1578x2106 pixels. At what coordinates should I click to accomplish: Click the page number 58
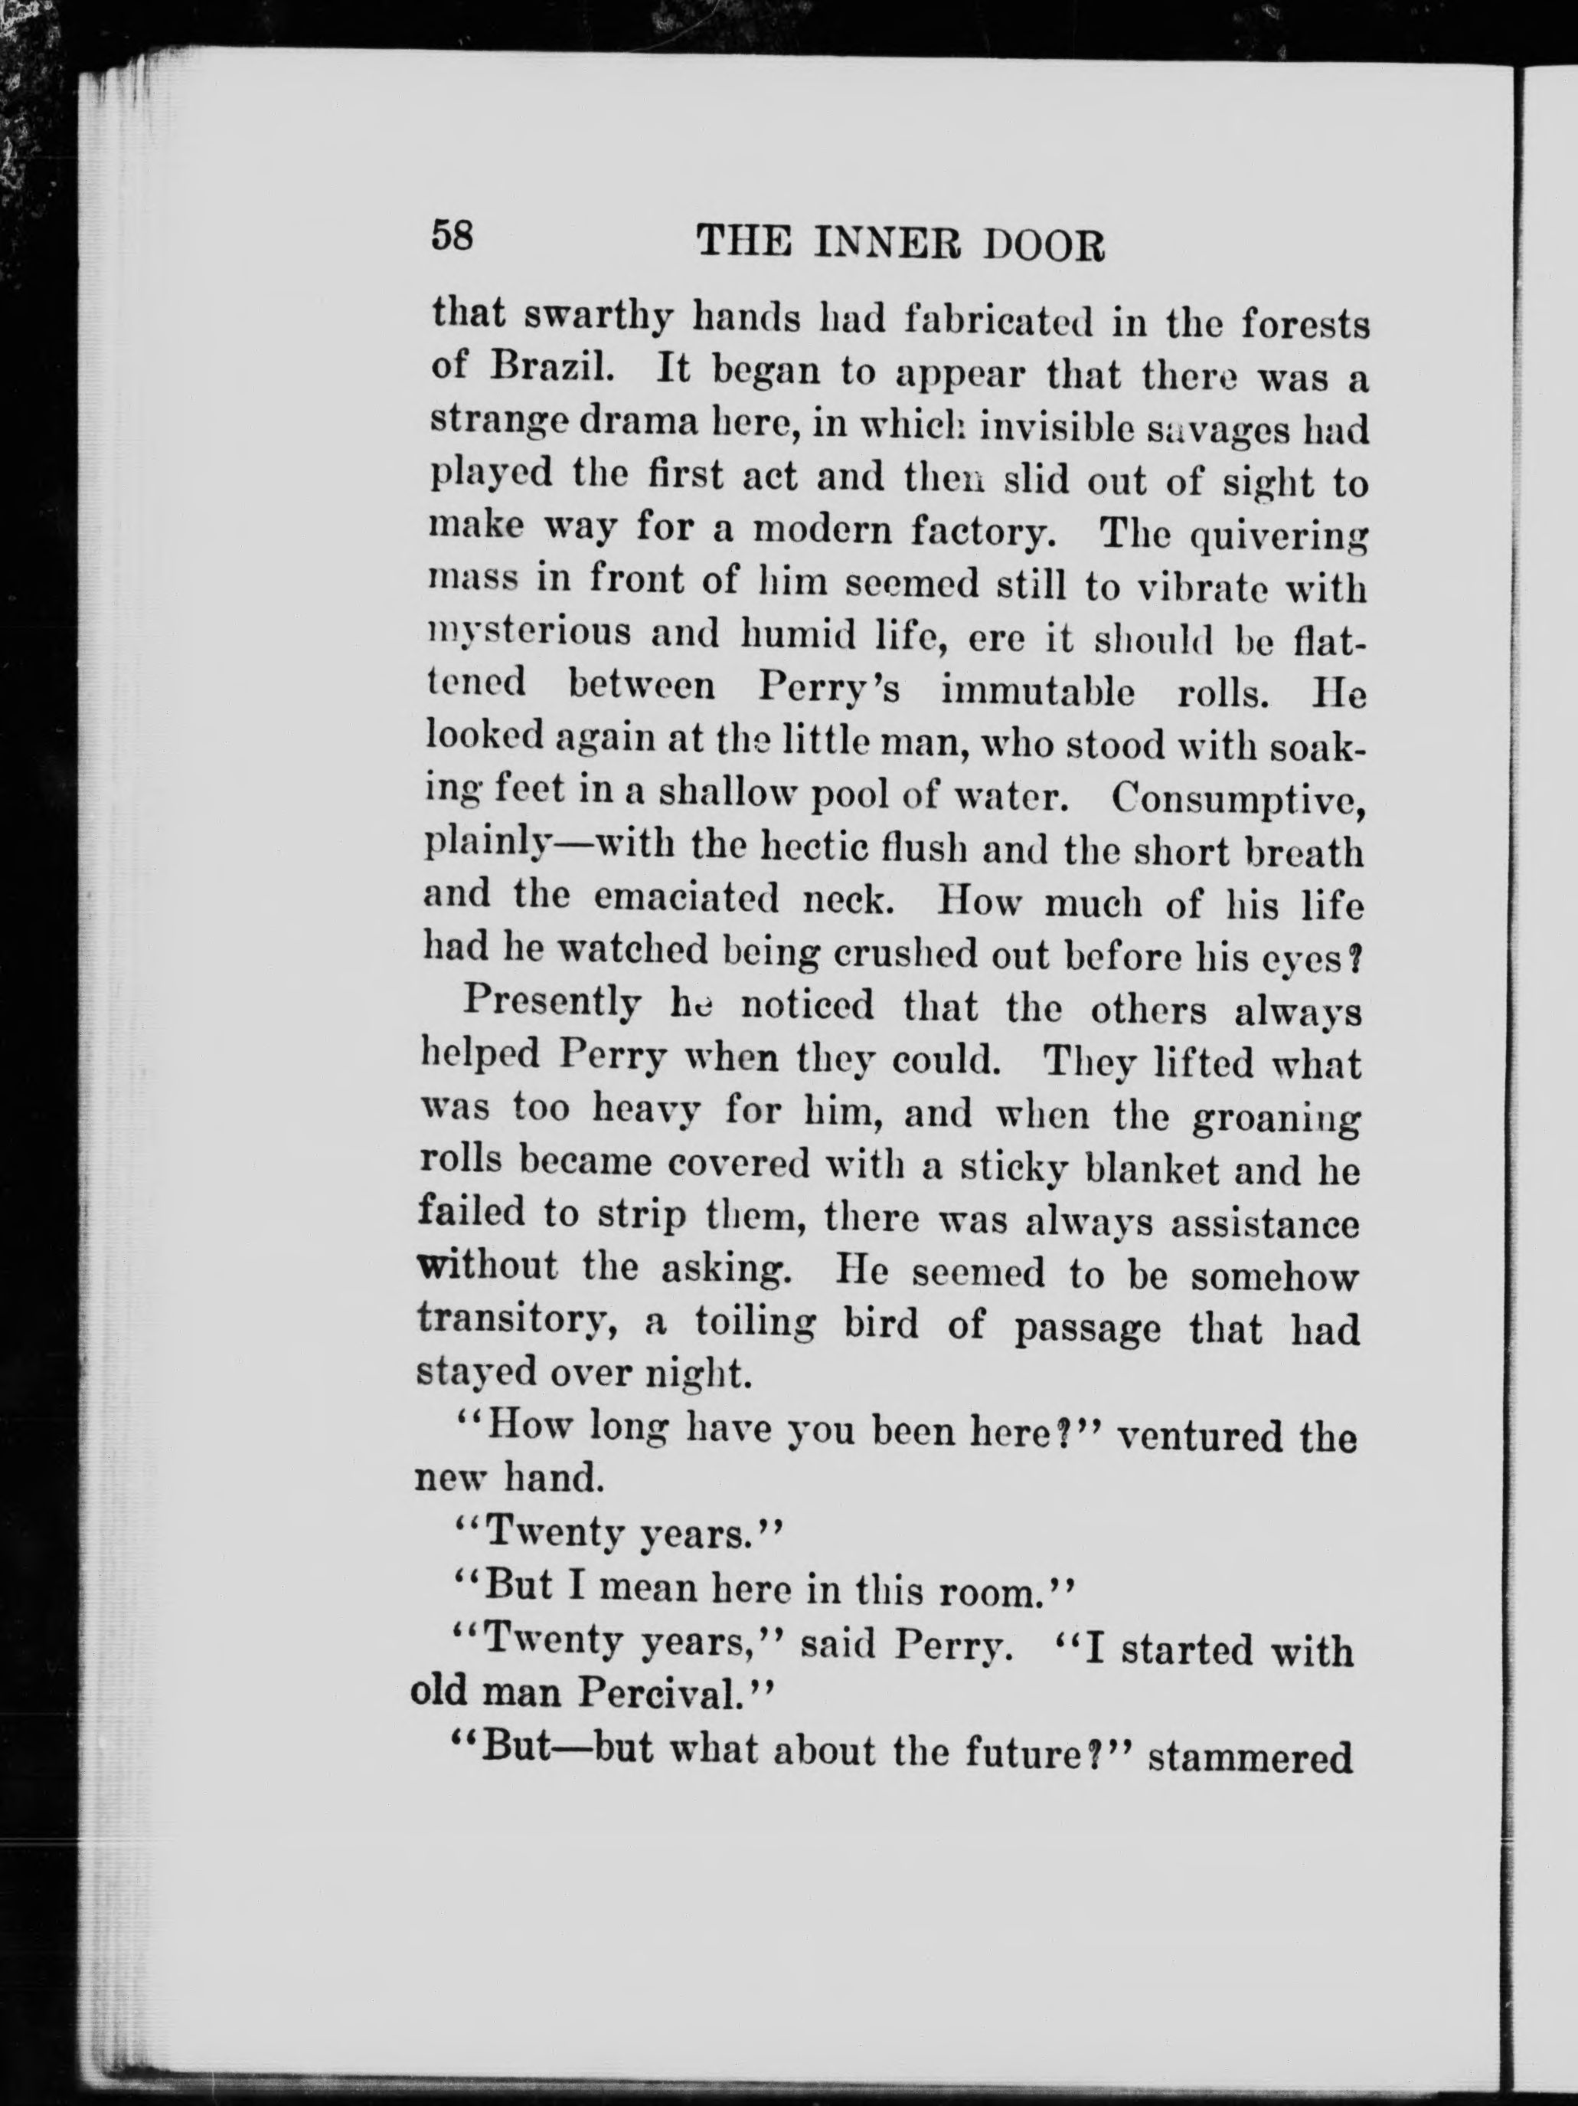tap(452, 234)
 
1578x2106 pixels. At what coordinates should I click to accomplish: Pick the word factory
tap(982, 529)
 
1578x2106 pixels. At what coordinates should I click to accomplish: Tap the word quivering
tap(1278, 539)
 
